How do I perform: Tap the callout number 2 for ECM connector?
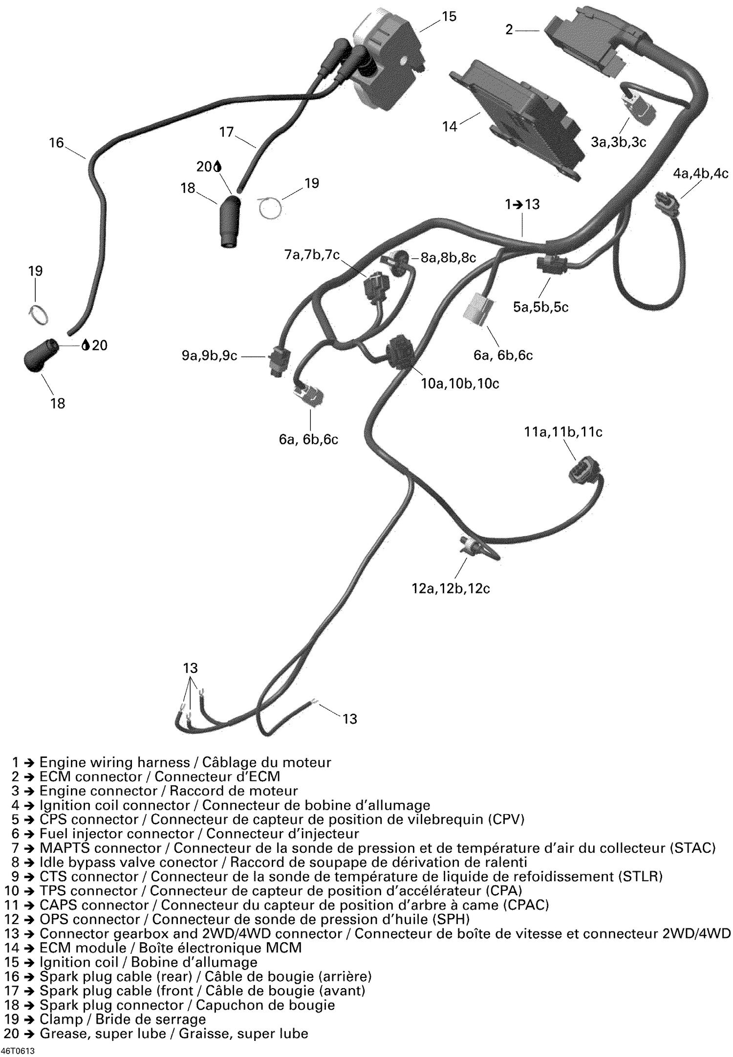509,30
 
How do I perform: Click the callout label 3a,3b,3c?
618,142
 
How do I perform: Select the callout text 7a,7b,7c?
312,255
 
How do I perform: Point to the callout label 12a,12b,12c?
451,588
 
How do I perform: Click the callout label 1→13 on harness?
523,204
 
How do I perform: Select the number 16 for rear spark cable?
56,143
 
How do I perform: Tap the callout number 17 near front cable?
226,132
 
